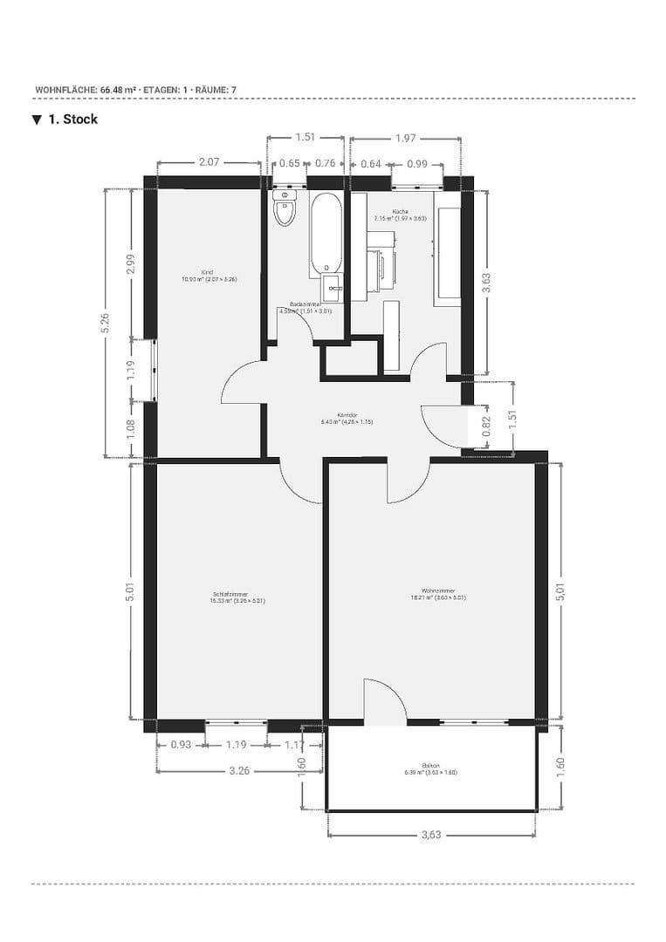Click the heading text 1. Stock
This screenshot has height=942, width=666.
tap(72, 119)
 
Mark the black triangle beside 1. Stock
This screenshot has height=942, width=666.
tap(37, 119)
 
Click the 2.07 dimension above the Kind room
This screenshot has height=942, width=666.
tap(209, 162)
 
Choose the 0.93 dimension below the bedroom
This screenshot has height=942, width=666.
tap(181, 745)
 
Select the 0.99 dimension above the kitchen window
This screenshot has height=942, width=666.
tap(417, 163)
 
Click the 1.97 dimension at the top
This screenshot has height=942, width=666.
tap(405, 138)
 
